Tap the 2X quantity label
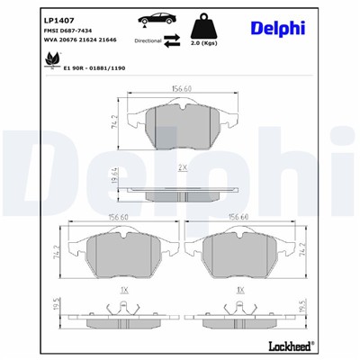click(x=183, y=167)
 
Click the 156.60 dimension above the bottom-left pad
click(x=120, y=216)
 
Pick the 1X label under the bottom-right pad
click(x=240, y=291)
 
